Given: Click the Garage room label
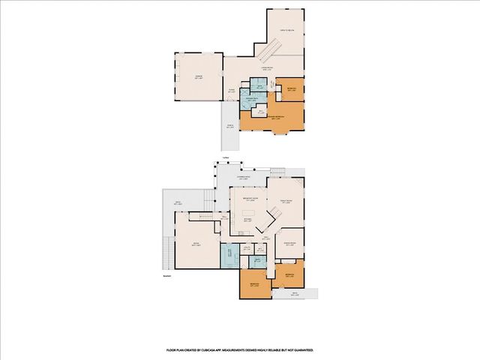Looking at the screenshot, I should (198, 76).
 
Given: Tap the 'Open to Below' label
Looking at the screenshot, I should (286, 30).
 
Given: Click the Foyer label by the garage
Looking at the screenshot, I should (232, 90).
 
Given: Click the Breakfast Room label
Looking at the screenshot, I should (249, 199).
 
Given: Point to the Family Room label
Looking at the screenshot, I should (285, 201).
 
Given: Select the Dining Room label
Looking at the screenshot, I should (289, 244).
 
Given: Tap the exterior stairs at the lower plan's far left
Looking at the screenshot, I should (166, 256).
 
